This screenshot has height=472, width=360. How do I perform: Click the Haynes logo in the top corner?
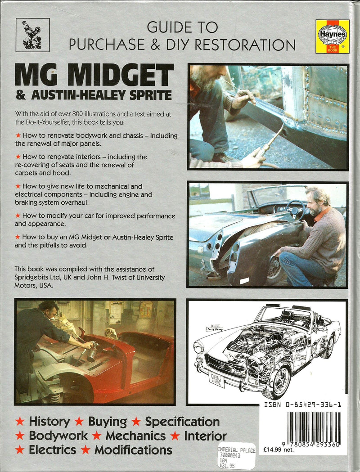pos(332,36)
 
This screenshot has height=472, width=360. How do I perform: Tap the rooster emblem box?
pos(32,35)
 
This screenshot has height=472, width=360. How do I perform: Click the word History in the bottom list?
pos(49,422)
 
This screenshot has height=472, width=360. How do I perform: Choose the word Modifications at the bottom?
pos(133,450)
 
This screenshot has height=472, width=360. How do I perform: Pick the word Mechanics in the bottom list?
pos(135,436)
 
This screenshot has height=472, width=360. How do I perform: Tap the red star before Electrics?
pos(20,450)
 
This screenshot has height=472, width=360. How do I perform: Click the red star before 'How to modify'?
pos(18,216)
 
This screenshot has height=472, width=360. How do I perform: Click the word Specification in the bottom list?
pos(182,422)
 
